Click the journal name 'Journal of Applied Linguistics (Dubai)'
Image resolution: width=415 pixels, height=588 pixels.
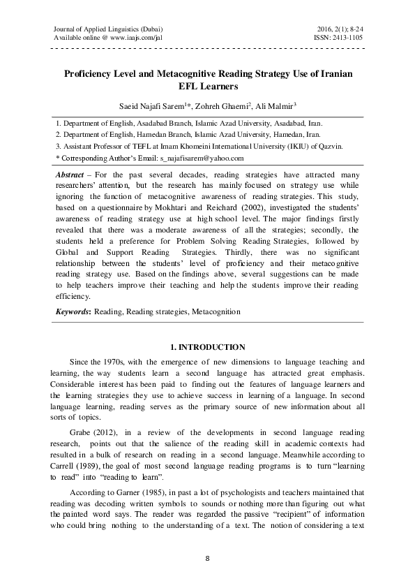coord(107,27)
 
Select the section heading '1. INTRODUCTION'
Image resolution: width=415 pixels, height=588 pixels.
coord(208,348)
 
